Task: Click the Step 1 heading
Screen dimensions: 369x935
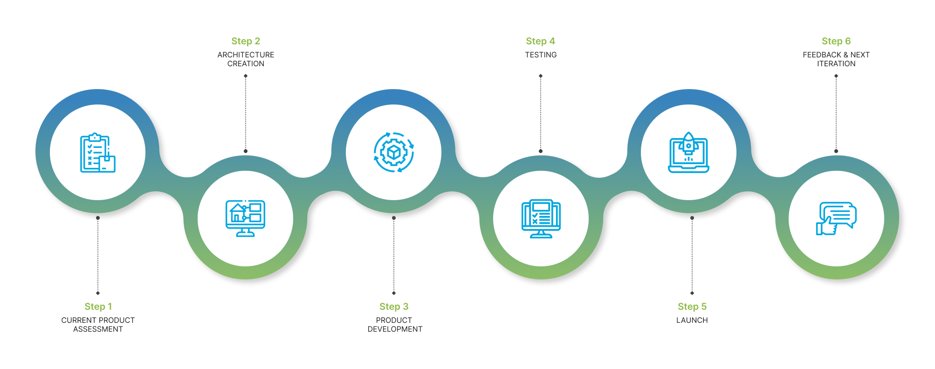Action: coord(98,306)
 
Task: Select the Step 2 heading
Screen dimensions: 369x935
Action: coord(246,41)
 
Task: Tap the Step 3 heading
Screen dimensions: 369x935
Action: coord(394,306)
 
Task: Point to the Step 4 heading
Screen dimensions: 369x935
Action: coord(540,41)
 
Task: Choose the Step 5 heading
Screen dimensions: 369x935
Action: coord(692,306)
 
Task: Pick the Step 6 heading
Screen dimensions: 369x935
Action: coord(836,41)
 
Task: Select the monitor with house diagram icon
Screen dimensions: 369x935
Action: coord(246,218)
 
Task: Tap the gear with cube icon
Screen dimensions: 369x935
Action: coord(394,153)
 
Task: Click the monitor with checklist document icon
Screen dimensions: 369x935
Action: coord(541,218)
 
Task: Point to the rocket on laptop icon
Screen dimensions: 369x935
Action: coord(688,153)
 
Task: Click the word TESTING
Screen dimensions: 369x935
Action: coord(541,55)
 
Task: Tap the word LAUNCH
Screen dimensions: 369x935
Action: coord(692,320)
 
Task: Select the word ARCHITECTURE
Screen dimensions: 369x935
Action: coord(246,55)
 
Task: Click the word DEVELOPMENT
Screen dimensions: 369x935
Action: coord(395,329)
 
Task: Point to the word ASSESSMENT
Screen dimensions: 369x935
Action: coord(98,329)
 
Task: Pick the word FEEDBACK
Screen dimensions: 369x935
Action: coord(822,55)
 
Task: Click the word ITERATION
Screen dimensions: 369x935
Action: coord(836,64)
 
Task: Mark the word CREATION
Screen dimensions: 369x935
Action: coord(246,64)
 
